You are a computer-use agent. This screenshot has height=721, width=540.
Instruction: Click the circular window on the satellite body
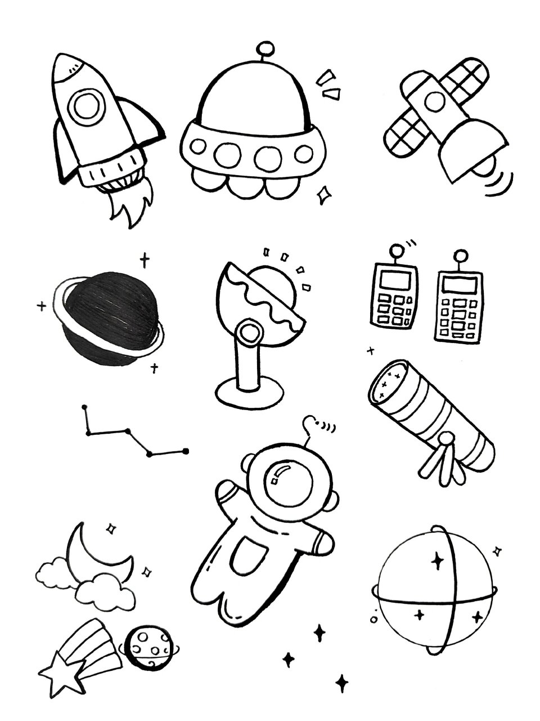pyautogui.click(x=434, y=102)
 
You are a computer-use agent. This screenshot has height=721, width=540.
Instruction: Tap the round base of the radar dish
pyautogui.click(x=249, y=392)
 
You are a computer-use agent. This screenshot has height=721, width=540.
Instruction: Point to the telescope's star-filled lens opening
pyautogui.click(x=389, y=381)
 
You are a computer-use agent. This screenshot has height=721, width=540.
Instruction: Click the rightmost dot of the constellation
pyautogui.click(x=185, y=451)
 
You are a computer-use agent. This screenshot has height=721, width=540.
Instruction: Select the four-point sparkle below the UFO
pyautogui.click(x=323, y=195)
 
